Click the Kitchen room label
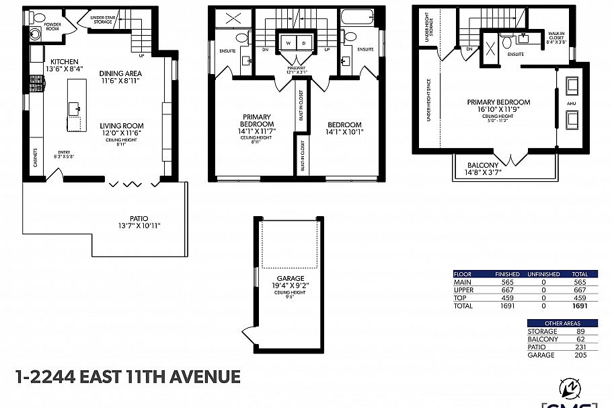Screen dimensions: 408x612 [x=63, y=61]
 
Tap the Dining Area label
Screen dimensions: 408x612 [x=120, y=74]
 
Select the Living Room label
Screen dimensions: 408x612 [x=122, y=126]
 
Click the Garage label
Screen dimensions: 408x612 [x=290, y=278]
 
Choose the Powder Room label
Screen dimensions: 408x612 [x=52, y=26]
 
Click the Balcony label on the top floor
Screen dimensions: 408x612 [x=483, y=165]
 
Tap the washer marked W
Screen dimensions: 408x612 [x=288, y=43]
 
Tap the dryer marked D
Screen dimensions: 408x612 [x=303, y=43]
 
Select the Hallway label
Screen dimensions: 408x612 [x=296, y=67]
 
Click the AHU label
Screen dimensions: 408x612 [x=572, y=103]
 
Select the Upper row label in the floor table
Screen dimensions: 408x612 [x=464, y=290]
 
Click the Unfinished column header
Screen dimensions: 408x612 [x=544, y=274]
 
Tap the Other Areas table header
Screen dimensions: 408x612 [x=562, y=323]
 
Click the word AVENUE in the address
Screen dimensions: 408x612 [x=204, y=376]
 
